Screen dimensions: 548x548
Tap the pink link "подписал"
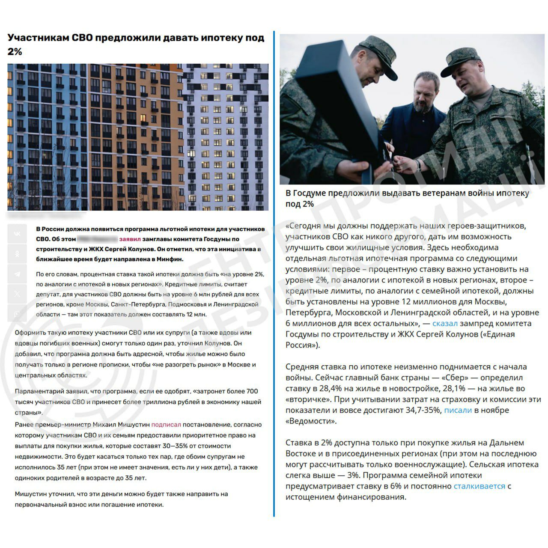(166, 425)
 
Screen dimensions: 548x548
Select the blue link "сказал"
(445, 324)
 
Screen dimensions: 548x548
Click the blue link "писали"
(458, 410)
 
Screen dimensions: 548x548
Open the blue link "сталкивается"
(479, 486)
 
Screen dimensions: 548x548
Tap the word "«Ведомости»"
(311, 421)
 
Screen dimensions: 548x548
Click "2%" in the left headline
(15, 51)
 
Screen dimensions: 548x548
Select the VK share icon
(17, 234)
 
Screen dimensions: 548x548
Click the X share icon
(17, 294)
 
